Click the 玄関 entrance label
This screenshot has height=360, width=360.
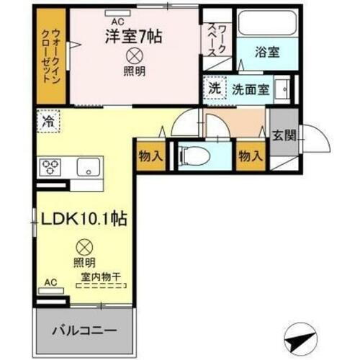point(282,134)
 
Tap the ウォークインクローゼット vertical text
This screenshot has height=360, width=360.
point(51,58)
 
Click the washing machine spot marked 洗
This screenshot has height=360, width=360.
point(215,89)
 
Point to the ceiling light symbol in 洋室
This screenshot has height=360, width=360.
point(133,56)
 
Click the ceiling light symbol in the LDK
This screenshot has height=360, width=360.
point(84,246)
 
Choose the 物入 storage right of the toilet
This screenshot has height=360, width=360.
point(249,156)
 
